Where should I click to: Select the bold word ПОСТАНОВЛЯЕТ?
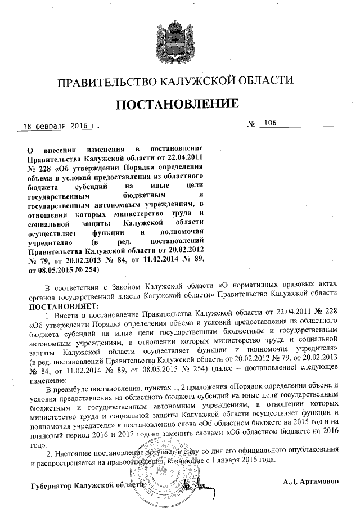click(x=64, y=305)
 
